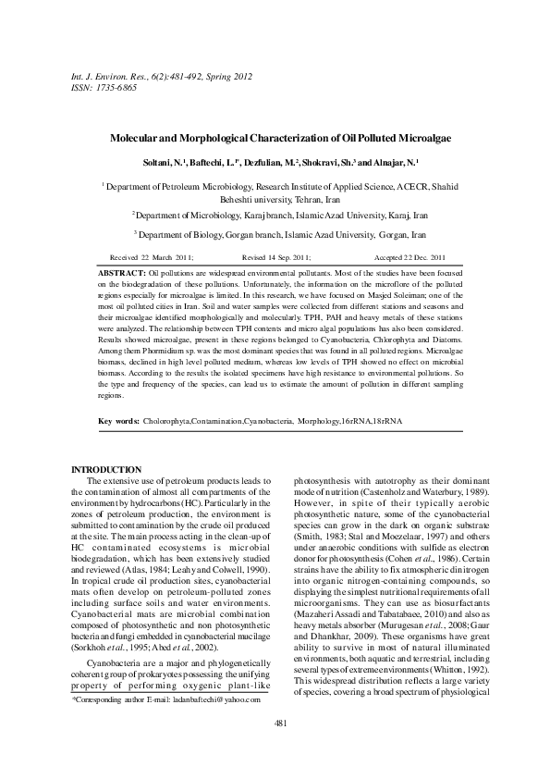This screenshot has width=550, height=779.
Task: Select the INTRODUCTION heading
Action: tap(106, 470)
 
